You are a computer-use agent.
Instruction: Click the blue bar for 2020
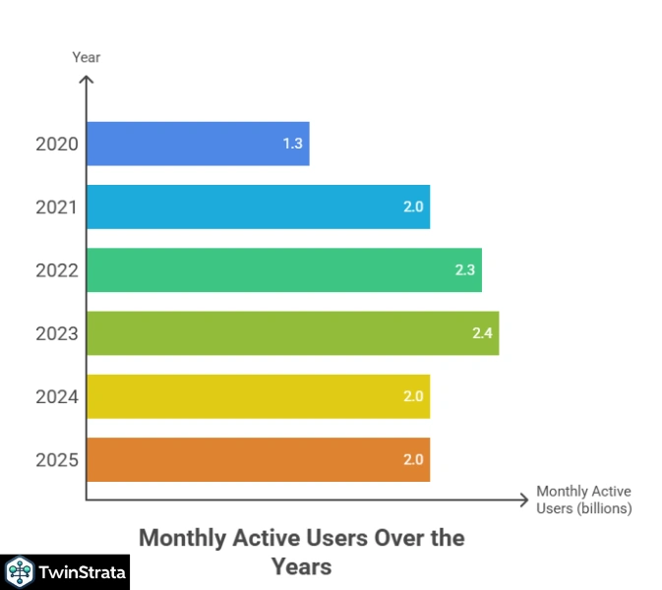(x=197, y=144)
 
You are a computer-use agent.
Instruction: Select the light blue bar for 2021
(x=258, y=206)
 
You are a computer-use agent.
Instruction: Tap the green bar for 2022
(x=283, y=269)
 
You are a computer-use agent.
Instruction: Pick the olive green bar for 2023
(x=292, y=333)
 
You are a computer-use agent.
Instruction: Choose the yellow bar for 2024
(x=258, y=396)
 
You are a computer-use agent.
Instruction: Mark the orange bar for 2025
(x=258, y=459)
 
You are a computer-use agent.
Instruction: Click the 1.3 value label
(x=292, y=144)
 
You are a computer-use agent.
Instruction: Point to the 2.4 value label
(x=482, y=333)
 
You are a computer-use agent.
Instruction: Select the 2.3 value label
(x=464, y=269)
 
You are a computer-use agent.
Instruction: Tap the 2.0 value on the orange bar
(x=413, y=459)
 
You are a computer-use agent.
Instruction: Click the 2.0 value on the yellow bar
(x=413, y=396)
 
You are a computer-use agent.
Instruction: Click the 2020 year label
(x=56, y=144)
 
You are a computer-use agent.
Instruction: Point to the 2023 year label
(x=56, y=333)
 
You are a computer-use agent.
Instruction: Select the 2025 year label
(x=56, y=459)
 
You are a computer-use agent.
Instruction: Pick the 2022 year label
(x=56, y=269)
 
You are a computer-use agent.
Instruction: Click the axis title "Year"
(x=87, y=57)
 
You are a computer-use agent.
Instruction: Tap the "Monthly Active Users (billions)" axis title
(x=583, y=500)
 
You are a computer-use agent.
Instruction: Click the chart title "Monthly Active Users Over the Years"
(x=301, y=552)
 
